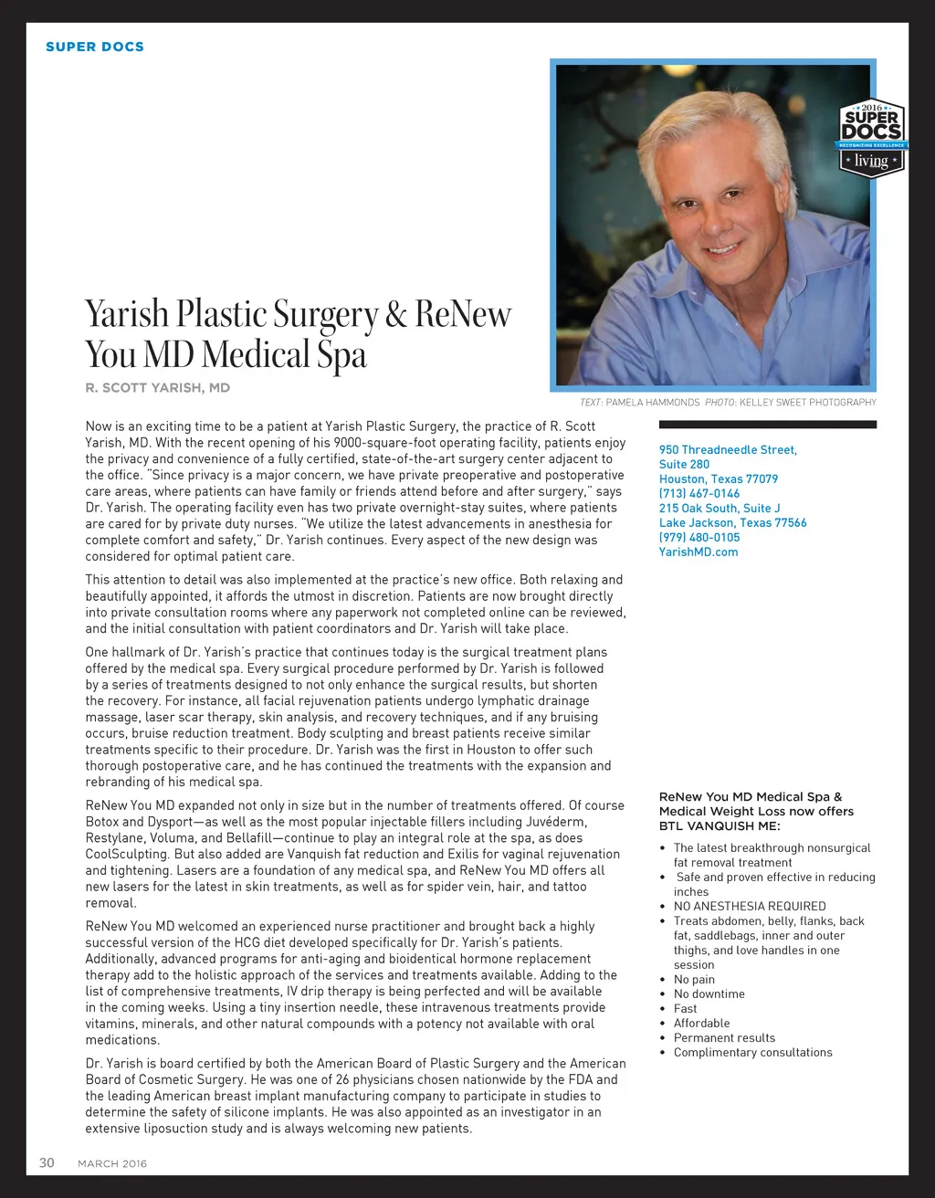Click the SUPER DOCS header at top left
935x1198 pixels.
click(x=95, y=47)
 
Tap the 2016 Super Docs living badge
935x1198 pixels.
click(x=871, y=138)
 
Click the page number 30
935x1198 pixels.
click(x=47, y=1162)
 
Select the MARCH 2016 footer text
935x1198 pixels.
click(x=112, y=1163)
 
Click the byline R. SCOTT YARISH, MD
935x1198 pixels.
click(x=158, y=387)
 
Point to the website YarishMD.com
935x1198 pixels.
click(x=699, y=552)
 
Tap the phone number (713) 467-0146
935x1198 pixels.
click(x=699, y=493)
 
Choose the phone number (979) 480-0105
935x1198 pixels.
click(x=699, y=537)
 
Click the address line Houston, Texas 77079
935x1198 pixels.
click(x=719, y=478)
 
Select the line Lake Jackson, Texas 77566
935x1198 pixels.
click(x=733, y=522)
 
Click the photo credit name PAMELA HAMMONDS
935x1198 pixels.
click(x=653, y=402)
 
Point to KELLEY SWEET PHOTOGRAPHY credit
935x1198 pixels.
click(x=807, y=402)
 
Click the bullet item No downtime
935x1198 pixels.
click(x=709, y=993)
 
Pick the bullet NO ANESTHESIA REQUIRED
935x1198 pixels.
click(x=750, y=906)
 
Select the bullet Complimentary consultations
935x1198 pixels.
click(x=753, y=1052)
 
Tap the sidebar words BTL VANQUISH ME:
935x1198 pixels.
click(x=720, y=825)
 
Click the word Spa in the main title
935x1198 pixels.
click(x=342, y=355)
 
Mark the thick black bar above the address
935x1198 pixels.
click(x=768, y=425)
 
